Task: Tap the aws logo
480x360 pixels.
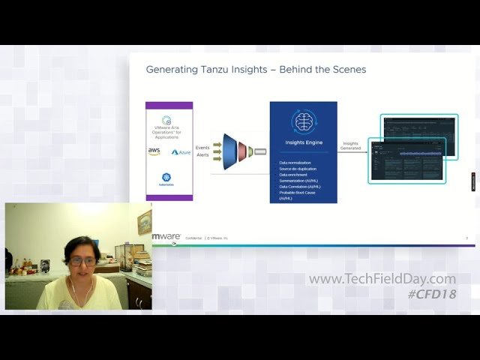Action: tap(154, 151)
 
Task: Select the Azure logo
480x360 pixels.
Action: tap(181, 152)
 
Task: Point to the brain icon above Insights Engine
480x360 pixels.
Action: tap(304, 121)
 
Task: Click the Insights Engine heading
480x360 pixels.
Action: tap(304, 141)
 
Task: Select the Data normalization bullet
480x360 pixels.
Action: tap(295, 163)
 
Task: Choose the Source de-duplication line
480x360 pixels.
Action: tap(297, 169)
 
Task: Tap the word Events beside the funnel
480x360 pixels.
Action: tap(202, 148)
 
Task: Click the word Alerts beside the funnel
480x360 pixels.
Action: tap(202, 155)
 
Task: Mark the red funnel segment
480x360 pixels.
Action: tap(242, 151)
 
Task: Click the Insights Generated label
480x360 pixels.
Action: tap(351, 145)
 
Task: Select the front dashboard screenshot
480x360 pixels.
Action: tap(407, 161)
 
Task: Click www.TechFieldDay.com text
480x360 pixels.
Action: tap(382, 279)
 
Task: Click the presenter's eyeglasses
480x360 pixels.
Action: tap(83, 262)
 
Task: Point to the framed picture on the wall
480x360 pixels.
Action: tap(145, 222)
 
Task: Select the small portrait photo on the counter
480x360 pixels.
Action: tap(45, 265)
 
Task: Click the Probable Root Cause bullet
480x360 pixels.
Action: tap(296, 193)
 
